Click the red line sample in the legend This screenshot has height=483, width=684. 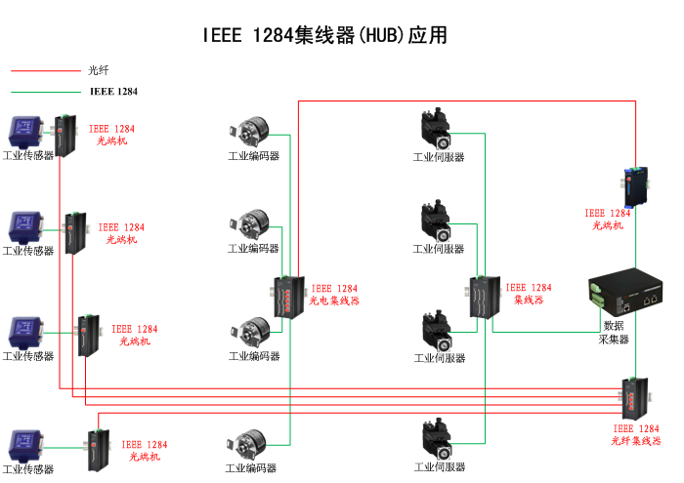(44, 70)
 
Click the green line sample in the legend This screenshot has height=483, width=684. (44, 91)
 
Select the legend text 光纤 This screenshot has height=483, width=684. (98, 70)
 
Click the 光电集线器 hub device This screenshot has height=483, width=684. (290, 297)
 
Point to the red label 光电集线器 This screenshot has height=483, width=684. (334, 302)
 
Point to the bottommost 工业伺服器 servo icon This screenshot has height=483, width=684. (437, 440)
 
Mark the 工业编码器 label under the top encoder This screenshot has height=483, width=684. (253, 156)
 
